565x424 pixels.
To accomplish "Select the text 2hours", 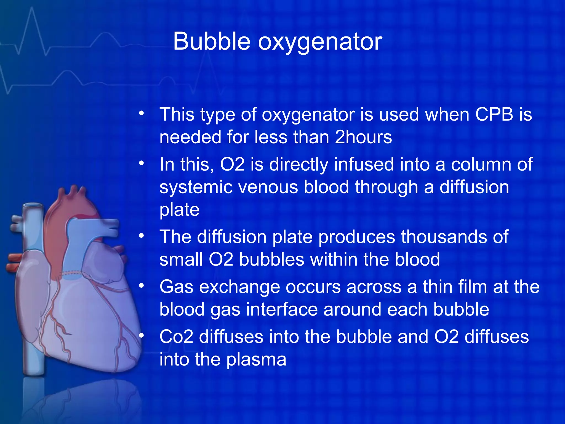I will [x=363, y=137].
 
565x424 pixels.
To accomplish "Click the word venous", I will [x=268, y=187].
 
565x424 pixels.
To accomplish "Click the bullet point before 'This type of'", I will [x=142, y=113].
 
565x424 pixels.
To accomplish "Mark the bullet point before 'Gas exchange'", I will [x=142, y=286].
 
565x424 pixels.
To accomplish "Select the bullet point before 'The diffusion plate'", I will [x=142, y=236].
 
